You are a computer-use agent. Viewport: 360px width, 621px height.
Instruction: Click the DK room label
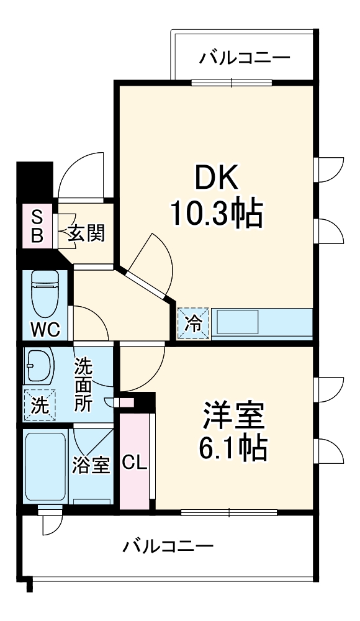pos(217,180)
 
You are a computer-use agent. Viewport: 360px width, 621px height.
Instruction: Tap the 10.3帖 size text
pos(217,214)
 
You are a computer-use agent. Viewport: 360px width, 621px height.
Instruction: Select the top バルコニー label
pos(245,59)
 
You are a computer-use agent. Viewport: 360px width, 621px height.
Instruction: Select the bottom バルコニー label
pos(168,546)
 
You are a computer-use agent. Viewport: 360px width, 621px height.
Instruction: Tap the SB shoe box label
pos(37,226)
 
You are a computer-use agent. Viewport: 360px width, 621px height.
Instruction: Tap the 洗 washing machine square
pos(39,404)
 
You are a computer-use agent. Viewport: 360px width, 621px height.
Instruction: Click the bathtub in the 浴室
pos(45,466)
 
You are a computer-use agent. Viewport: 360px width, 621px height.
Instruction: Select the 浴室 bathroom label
pos(91,465)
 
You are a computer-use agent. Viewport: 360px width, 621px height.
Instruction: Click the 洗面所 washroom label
pos(84,385)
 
